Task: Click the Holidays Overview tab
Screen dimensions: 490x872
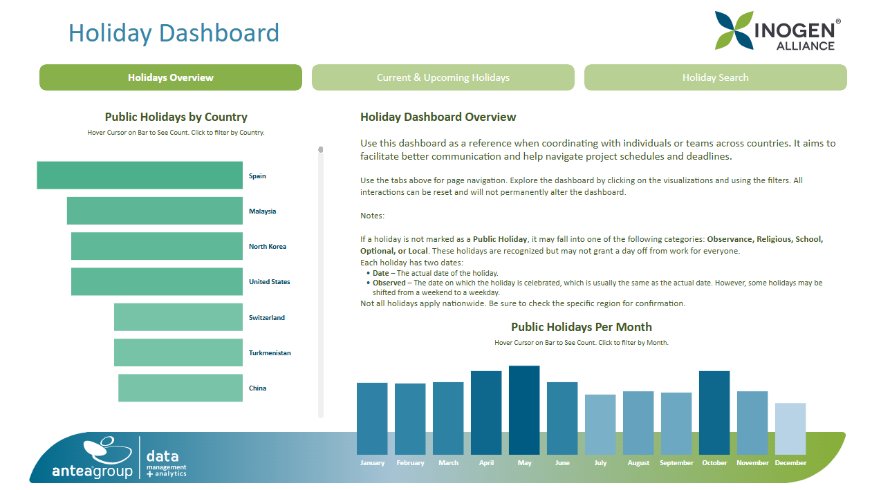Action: click(171, 77)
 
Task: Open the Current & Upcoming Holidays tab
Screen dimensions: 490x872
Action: click(443, 77)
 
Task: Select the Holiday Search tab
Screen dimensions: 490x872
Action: click(715, 77)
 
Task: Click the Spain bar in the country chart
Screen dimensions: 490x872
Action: click(140, 176)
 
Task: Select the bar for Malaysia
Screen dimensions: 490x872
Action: click(154, 211)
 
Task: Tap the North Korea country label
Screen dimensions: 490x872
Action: click(268, 247)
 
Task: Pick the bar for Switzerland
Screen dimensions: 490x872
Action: click(178, 317)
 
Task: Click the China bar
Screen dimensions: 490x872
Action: click(180, 388)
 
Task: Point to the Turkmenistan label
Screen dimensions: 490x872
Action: click(270, 353)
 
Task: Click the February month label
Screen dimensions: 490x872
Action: click(410, 463)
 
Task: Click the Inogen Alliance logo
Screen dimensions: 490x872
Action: click(778, 31)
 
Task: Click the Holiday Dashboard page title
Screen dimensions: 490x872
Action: click(174, 33)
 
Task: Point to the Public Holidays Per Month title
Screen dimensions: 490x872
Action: click(581, 327)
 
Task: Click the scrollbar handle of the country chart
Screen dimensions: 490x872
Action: click(321, 149)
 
